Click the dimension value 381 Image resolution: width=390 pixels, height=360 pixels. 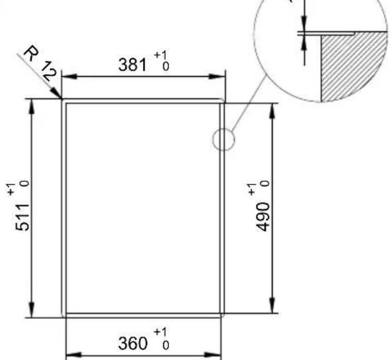point(133,64)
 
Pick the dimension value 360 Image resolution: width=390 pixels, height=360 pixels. point(132,342)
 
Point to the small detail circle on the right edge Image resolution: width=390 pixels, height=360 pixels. point(223,140)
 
